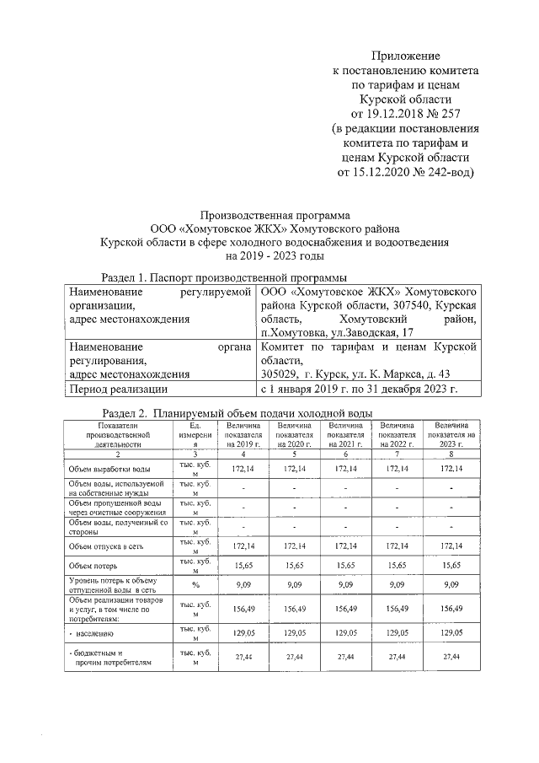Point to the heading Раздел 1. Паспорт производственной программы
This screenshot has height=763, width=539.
[224, 277]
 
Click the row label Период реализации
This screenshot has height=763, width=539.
[119, 389]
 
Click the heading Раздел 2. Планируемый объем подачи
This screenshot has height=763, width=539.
[236, 413]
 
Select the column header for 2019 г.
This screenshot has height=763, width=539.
[243, 436]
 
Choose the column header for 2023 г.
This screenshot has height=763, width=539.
[452, 436]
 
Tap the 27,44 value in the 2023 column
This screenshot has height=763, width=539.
[452, 656]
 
